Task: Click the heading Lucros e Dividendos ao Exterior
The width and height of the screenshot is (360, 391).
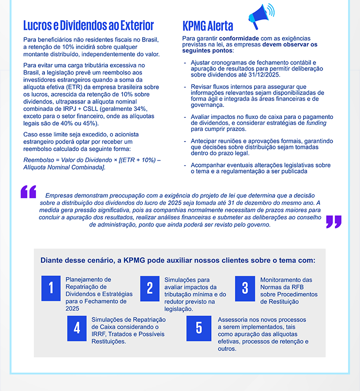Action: pyautogui.click(x=88, y=25)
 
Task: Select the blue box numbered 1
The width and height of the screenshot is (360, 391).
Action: pyautogui.click(x=50, y=288)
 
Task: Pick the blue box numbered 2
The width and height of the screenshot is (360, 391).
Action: pyautogui.click(x=149, y=288)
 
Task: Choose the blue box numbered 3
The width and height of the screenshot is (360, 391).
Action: pyautogui.click(x=245, y=288)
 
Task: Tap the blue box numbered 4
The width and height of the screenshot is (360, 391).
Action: pyautogui.click(x=76, y=328)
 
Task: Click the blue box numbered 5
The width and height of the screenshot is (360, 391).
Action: pyautogui.click(x=199, y=328)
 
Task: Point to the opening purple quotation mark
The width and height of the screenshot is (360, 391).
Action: pyautogui.click(x=28, y=191)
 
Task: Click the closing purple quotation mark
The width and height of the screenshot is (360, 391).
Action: pyautogui.click(x=333, y=221)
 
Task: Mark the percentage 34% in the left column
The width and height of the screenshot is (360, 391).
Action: pyautogui.click(x=143, y=108)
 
